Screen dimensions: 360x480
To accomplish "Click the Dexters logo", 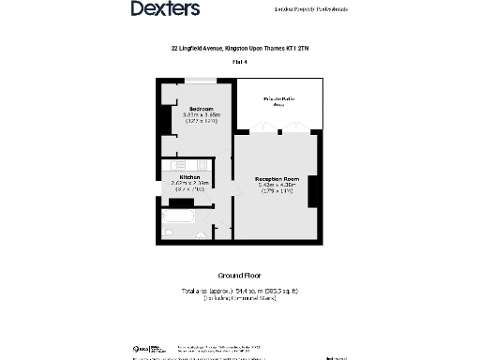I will point(165,9).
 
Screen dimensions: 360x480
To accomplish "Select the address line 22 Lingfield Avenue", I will point(239,49).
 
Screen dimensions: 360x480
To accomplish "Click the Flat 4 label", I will point(239,62).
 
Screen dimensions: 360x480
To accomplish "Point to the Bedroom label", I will point(202,109).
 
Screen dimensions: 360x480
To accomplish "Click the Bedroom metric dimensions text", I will point(202,115).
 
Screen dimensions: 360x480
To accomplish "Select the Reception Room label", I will point(277,178).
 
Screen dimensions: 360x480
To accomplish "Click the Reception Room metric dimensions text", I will point(277,185).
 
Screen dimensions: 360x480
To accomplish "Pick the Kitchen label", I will point(190,176).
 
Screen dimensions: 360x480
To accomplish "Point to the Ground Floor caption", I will point(239,277).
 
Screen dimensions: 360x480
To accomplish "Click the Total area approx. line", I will point(239,291).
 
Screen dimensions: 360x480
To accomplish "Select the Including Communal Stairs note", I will point(239,298).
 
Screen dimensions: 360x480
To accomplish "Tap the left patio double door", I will point(260,128).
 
